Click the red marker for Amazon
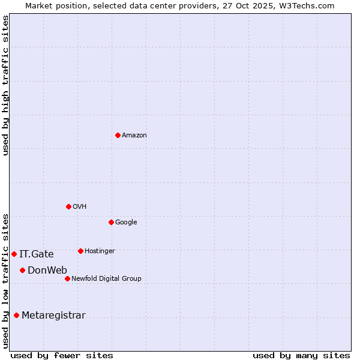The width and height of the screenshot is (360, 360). [118, 135]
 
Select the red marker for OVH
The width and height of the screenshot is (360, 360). [68, 206]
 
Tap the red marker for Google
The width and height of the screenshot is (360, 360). [111, 222]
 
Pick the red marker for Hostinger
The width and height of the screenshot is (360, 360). [80, 251]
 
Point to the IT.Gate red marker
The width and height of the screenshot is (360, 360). [14, 254]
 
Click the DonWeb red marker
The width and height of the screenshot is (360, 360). [22, 270]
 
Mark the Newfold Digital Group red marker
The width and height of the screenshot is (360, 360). [67, 278]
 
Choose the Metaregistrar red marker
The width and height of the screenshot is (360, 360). [16, 315]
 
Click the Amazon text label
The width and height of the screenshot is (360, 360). [134, 136]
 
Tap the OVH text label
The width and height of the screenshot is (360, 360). [80, 207]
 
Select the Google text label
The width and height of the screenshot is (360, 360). [126, 223]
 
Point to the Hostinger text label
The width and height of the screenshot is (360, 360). [100, 251]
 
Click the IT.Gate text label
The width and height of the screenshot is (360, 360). [36, 254]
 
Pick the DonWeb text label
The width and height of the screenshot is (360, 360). [47, 271]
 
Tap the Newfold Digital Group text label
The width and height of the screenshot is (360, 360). [106, 279]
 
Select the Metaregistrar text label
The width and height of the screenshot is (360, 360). [53, 316]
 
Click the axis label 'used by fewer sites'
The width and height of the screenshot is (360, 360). [62, 355]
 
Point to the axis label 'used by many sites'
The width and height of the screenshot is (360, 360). [301, 355]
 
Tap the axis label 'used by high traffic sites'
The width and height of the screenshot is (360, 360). [6, 85]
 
